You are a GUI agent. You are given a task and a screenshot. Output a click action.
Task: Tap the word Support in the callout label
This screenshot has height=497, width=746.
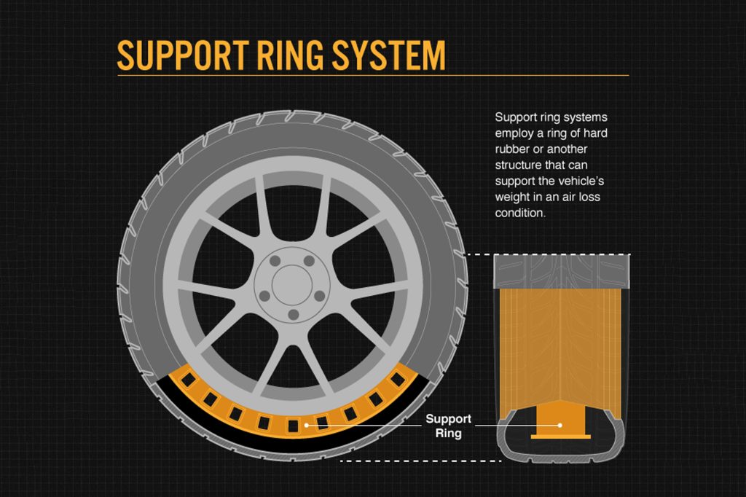click(x=449, y=419)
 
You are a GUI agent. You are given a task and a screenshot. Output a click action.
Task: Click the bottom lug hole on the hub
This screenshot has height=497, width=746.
click(x=293, y=315)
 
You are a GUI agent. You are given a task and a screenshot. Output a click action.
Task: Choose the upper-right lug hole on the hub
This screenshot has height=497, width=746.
click(x=309, y=260)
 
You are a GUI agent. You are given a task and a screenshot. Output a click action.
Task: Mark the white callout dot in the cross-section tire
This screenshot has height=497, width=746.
click(x=559, y=423)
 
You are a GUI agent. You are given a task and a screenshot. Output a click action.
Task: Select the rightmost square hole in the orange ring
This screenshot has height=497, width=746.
click(x=398, y=380)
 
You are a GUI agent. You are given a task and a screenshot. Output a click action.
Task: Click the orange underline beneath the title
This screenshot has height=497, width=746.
click(x=372, y=75)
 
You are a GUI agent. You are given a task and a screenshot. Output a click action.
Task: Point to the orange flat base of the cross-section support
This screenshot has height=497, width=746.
click(x=559, y=437)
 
